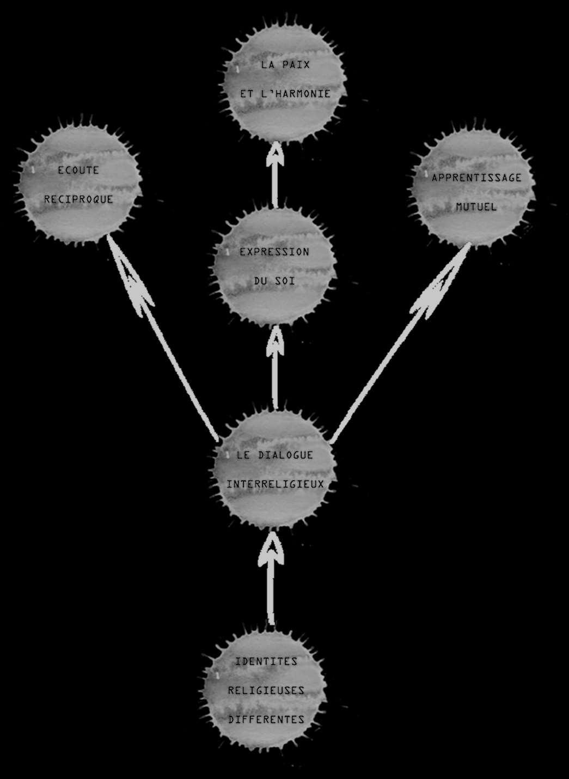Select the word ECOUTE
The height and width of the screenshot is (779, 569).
click(78, 170)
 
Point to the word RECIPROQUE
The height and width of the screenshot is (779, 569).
click(78, 199)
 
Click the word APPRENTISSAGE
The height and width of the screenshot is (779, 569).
click(476, 178)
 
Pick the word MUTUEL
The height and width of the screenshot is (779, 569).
click(476, 207)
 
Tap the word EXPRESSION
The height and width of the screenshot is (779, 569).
click(274, 252)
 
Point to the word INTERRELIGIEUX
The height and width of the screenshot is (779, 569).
click(275, 484)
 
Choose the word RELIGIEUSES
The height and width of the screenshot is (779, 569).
click(266, 690)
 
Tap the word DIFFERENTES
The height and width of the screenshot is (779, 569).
click(266, 720)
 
